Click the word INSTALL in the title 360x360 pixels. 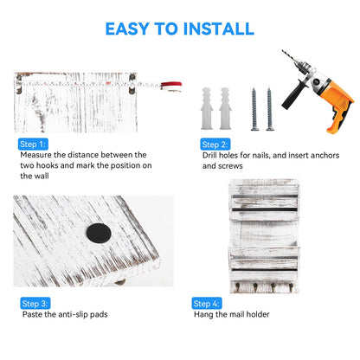coord(219,29)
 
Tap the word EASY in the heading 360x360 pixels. coord(127,29)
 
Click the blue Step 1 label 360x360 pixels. coord(33,145)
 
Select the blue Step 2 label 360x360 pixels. coord(215,145)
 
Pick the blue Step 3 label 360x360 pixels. coord(35,304)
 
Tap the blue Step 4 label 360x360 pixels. coord(207,304)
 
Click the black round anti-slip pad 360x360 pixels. coord(99,233)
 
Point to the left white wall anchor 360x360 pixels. coord(207,108)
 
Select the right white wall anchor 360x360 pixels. coord(225,108)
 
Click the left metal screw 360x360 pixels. coord(254,109)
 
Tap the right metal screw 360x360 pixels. coord(270,109)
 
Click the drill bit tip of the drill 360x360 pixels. coord(283,51)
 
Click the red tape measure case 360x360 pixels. coord(171,86)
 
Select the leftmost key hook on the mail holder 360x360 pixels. coord(237,286)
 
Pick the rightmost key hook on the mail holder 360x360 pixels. coord(291,286)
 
